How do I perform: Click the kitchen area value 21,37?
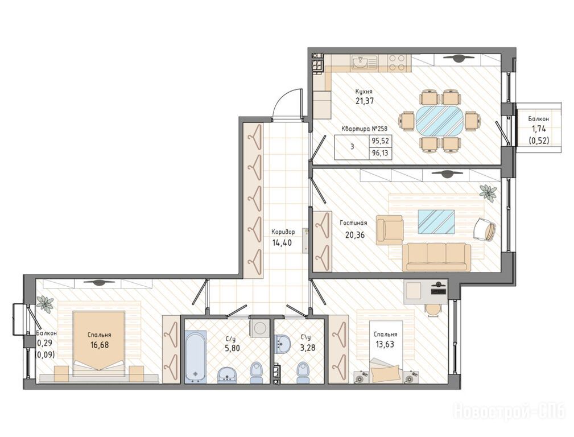(365, 101)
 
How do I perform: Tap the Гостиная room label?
(353, 222)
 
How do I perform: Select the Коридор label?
(283, 232)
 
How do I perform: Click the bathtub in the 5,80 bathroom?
(196, 356)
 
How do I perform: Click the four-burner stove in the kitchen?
(397, 62)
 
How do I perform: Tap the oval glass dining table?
(439, 121)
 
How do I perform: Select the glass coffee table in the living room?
(436, 221)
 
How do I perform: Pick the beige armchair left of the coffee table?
(390, 230)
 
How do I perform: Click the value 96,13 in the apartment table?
(380, 154)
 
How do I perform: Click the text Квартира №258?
(364, 129)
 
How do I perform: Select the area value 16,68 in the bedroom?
(100, 344)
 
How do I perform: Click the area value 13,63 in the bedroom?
(385, 344)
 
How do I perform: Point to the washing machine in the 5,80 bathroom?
(261, 327)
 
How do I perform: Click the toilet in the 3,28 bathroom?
(303, 372)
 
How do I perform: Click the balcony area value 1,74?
(538, 129)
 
